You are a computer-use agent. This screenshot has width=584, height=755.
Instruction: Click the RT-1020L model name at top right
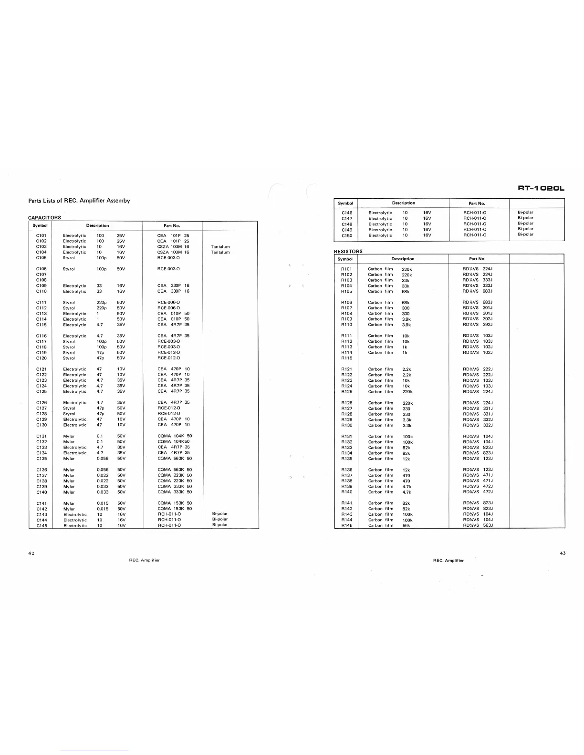coord(541,188)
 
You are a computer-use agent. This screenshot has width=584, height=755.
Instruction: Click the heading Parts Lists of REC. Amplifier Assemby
coord(79,201)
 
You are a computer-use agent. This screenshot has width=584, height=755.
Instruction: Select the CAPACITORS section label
coord(44,218)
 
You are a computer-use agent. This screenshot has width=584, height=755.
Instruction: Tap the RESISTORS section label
coord(348,251)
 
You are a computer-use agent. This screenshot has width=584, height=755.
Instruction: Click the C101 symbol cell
coord(42,235)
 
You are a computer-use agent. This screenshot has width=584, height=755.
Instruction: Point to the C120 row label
coord(42,358)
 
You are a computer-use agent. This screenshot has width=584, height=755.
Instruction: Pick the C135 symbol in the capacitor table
coord(42,459)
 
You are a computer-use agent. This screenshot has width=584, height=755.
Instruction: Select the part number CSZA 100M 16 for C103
coord(173,246)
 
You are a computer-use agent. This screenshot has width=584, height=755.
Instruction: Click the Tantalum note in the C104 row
coord(220,252)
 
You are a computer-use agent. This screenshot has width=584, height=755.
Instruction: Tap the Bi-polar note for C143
coord(219,514)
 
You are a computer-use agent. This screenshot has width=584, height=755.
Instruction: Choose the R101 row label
coord(346,269)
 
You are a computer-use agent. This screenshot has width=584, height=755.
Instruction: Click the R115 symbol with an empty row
coord(346,358)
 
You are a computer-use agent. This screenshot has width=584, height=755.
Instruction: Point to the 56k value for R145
coord(406,526)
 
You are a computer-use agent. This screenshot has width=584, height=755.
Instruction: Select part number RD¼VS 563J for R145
coord(478,525)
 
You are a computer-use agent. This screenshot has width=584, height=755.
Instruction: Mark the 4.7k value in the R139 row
coord(407,487)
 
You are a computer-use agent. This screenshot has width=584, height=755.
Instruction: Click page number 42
coord(31,553)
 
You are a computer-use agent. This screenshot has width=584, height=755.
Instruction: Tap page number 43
coord(562,553)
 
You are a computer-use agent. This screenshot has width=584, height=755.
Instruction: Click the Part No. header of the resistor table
coord(477,259)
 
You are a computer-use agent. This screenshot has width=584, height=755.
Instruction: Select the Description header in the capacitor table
coord(97,225)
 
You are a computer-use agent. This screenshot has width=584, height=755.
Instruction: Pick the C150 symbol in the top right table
coord(347,235)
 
